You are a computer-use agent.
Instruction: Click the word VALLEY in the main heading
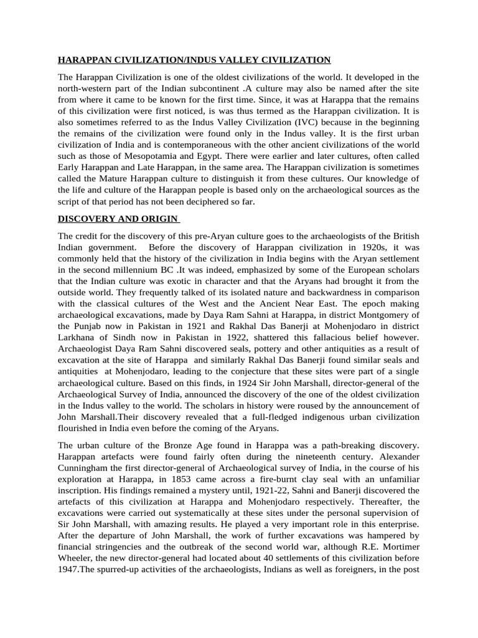coord(235,60)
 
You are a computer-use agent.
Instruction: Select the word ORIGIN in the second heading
coord(160,219)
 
